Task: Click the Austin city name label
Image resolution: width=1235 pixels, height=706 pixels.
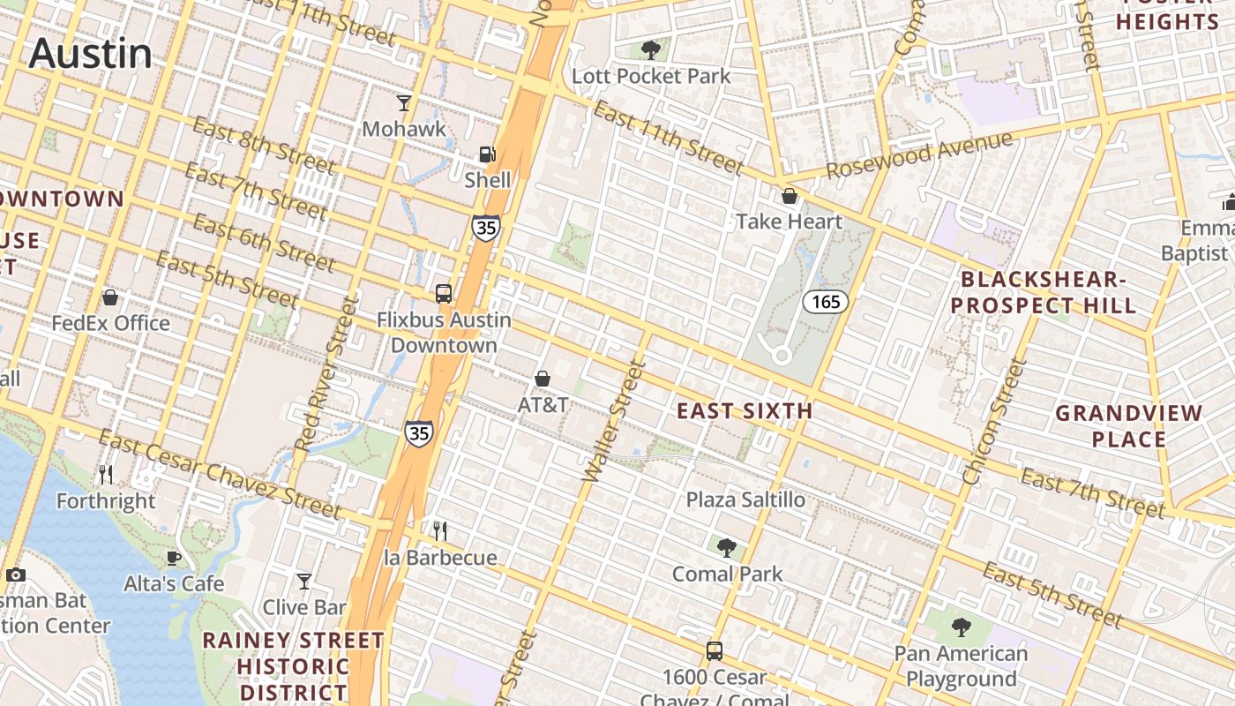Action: click(x=91, y=54)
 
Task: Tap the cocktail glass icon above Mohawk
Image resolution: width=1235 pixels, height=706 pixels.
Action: click(x=404, y=103)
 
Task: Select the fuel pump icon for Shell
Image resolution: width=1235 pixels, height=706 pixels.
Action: click(x=487, y=154)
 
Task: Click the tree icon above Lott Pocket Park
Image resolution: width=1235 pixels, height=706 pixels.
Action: click(x=651, y=49)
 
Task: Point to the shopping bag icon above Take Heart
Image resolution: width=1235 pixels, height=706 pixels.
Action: click(x=790, y=196)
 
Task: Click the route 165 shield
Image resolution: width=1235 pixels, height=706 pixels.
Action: click(x=826, y=302)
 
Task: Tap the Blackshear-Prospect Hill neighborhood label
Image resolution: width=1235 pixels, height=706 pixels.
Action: click(x=1048, y=293)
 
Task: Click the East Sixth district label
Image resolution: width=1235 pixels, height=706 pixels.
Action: click(x=745, y=410)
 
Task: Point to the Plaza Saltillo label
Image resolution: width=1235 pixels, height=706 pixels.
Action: click(x=745, y=499)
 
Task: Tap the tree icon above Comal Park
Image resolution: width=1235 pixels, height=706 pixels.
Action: click(x=726, y=548)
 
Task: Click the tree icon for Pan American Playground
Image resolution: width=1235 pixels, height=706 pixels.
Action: click(x=961, y=627)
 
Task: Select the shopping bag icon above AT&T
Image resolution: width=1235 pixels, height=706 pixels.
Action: click(x=543, y=379)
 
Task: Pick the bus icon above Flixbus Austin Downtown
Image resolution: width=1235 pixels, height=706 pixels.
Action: click(x=444, y=294)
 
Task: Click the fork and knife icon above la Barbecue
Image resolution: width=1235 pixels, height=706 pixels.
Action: click(x=440, y=531)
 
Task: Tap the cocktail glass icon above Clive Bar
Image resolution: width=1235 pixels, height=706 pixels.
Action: click(x=304, y=582)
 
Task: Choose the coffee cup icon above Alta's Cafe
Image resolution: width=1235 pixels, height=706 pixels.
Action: click(x=174, y=558)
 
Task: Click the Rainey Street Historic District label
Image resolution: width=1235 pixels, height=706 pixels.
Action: click(x=294, y=665)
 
